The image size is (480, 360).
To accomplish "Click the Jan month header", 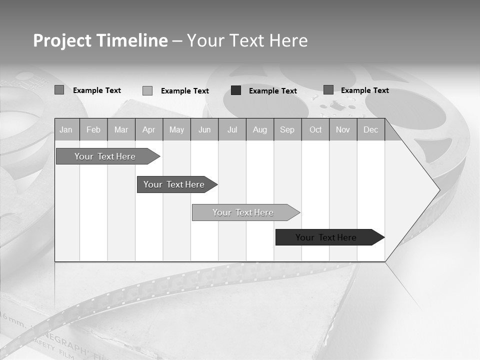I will click(66, 129).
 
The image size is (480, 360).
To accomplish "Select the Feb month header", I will click(93, 129).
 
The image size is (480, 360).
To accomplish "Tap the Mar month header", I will click(121, 129).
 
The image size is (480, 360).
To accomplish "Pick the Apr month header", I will click(149, 129).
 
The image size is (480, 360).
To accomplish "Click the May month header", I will click(176, 129).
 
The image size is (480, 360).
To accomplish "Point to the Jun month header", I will click(204, 129).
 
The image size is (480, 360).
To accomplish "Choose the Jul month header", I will click(232, 129).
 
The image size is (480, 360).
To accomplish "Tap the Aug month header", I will click(260, 129).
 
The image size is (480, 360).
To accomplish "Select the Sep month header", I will click(287, 129).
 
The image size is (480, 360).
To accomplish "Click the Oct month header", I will click(315, 129).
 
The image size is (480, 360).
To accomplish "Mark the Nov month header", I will click(343, 129).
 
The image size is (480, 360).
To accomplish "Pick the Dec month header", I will click(371, 129).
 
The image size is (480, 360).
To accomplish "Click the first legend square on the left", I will click(59, 90).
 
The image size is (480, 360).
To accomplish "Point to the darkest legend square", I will click(236, 90).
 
